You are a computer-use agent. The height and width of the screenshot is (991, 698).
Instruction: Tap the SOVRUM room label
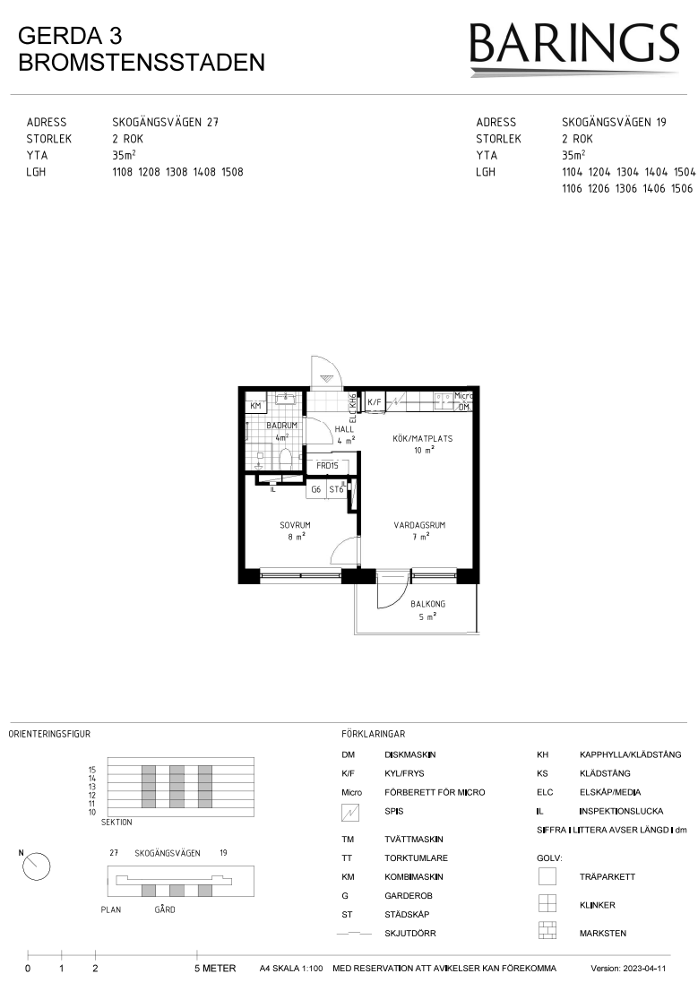296,524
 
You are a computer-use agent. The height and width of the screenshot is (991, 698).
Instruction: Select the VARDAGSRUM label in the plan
420,524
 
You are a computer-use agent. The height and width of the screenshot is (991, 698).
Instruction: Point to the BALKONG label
427,604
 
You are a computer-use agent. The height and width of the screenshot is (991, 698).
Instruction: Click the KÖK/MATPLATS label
422,438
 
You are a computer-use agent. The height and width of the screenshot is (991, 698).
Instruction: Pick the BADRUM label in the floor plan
281,426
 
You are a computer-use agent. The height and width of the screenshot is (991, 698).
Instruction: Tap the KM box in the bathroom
255,406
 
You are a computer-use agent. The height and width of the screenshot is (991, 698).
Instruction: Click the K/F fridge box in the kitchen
375,402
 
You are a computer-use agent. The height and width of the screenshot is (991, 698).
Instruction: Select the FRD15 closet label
327,465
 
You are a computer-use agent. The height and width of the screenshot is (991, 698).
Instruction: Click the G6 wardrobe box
316,489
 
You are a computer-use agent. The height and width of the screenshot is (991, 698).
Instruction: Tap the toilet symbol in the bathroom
285,458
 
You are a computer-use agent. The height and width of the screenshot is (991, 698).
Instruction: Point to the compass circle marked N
36,866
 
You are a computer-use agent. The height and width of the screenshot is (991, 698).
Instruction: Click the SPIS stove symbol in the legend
349,812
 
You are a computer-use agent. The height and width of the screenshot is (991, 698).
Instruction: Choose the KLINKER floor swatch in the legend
547,903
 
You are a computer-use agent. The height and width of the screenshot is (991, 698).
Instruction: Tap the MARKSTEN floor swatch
547,931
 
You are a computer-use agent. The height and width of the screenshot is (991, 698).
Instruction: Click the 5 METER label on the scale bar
215,969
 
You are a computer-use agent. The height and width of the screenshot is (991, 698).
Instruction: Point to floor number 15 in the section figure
92,770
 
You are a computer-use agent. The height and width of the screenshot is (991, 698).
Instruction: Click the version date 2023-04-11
645,969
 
